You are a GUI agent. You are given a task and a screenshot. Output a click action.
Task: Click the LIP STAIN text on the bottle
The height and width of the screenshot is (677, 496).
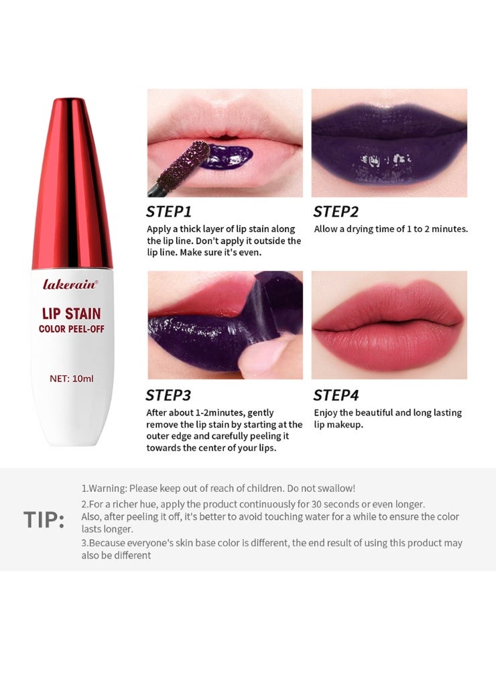[72, 314]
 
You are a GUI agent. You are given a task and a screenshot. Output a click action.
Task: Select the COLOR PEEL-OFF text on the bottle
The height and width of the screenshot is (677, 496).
[72, 328]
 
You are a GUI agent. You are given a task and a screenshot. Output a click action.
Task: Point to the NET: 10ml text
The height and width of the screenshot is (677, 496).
[72, 378]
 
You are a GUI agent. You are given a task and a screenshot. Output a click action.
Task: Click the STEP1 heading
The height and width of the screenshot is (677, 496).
[169, 212]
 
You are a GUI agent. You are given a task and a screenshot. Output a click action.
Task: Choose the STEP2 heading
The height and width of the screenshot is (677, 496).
[336, 212]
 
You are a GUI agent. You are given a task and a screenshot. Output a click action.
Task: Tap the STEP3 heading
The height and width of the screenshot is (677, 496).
[169, 395]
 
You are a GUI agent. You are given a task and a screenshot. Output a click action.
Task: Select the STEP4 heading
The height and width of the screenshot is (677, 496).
[336, 395]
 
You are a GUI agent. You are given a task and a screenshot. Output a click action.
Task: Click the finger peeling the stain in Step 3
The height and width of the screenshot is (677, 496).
[268, 359]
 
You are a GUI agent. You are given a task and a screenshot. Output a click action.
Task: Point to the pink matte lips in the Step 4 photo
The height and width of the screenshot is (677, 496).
[389, 325]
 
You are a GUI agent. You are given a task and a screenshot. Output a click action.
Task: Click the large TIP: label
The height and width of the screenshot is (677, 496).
[44, 519]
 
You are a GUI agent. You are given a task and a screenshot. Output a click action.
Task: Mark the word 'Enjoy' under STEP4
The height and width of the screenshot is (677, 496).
[326, 412]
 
